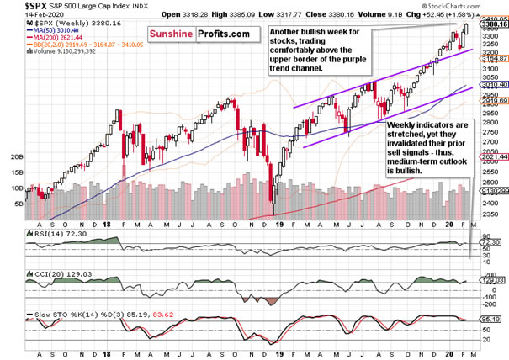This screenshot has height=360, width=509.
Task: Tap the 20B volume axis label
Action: (x=14, y=157)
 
